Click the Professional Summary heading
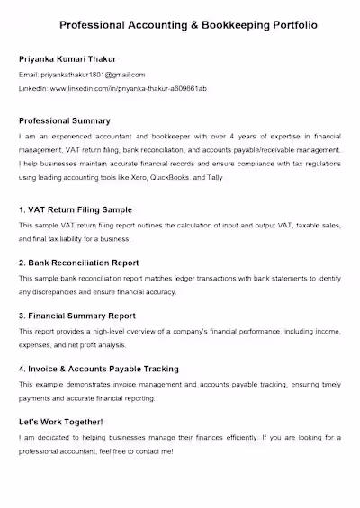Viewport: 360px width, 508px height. coord(64,120)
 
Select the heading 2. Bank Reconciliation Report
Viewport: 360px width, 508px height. coord(79,263)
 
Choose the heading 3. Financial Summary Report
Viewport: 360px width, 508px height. coord(77,316)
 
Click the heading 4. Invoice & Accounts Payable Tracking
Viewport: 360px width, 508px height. coord(98,369)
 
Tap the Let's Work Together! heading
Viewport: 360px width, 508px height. coord(61,422)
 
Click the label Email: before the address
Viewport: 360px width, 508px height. coord(27,75)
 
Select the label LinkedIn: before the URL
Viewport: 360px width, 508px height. coord(32,90)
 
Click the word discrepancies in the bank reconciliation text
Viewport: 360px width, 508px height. coord(53,292)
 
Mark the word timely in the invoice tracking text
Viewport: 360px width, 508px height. coord(329,384)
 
